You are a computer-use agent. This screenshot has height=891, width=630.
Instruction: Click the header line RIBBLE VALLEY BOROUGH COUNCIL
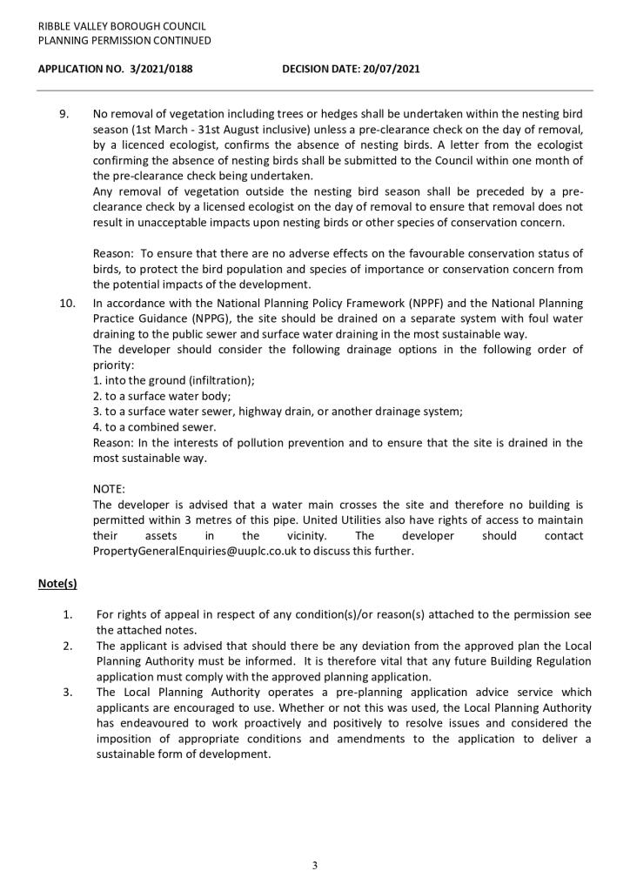pyautogui.click(x=121, y=26)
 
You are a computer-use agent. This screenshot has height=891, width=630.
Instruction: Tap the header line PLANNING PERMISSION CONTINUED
pyautogui.click(x=124, y=40)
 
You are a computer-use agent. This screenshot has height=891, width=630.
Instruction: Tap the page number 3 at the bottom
pyautogui.click(x=314, y=866)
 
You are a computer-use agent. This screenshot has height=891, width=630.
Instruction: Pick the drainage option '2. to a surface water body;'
pyautogui.click(x=161, y=395)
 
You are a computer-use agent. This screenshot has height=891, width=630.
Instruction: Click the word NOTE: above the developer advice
pyautogui.click(x=109, y=489)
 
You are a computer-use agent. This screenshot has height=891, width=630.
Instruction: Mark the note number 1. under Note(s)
pyautogui.click(x=67, y=614)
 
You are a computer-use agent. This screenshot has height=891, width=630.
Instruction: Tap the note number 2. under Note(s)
pyautogui.click(x=67, y=646)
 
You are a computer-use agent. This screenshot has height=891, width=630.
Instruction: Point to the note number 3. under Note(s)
pyautogui.click(x=67, y=692)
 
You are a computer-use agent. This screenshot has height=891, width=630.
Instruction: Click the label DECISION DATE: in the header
pyautogui.click(x=317, y=68)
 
